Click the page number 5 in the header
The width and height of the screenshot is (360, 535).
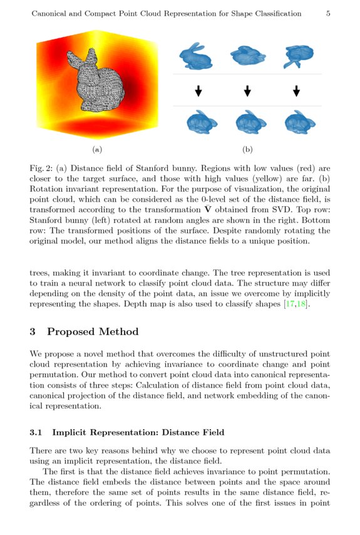point(328,13)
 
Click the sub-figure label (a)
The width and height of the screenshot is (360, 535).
point(96,149)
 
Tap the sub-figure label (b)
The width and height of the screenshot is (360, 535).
point(247,149)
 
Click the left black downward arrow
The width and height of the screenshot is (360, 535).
point(198,91)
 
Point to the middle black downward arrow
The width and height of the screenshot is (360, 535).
point(247,91)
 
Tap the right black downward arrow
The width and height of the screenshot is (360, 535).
point(296,91)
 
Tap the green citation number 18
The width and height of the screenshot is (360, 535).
point(301,304)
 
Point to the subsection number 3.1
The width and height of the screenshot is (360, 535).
point(36,432)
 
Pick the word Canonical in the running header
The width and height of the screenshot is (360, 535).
point(51,13)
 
